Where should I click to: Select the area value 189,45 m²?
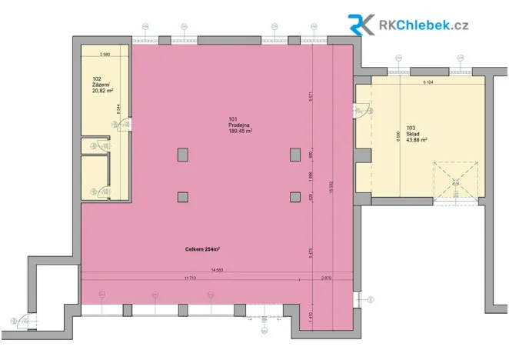pyautogui.click(x=241, y=131)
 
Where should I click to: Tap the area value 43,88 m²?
pyautogui.click(x=416, y=140)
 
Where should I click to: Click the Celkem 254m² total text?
pyautogui.click(x=202, y=249)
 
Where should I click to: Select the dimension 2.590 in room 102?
pyautogui.click(x=106, y=54)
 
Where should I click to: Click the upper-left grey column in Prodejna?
pyautogui.click(x=182, y=155)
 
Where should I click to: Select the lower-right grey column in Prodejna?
pyautogui.click(x=294, y=197)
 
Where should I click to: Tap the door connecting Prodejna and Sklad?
pyautogui.click(x=360, y=112)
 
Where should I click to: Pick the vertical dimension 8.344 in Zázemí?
pyautogui.click(x=118, y=109)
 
